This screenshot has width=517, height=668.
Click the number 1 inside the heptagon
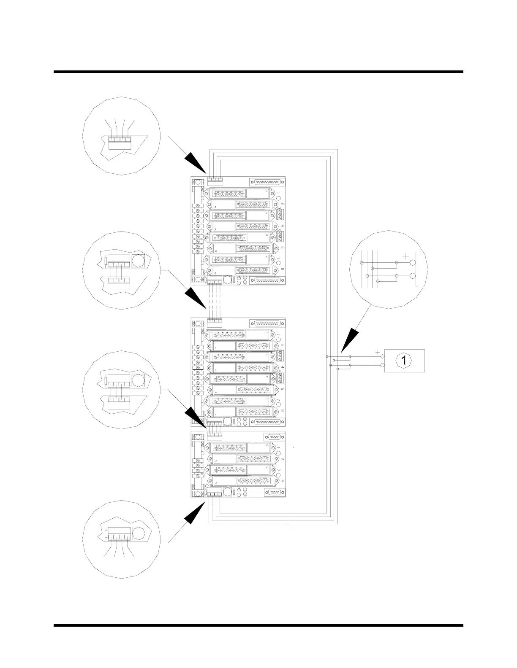coord(404,361)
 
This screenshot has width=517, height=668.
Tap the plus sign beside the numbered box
coord(378,353)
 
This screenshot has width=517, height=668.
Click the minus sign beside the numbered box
coord(378,362)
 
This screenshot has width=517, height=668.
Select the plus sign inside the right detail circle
coord(405,256)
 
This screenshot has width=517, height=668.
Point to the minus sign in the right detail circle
coord(405,270)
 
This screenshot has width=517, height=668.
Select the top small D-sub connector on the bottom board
coord(273,437)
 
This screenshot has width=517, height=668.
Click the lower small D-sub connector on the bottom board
coord(273,492)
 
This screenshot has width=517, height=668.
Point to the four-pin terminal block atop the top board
coord(215,179)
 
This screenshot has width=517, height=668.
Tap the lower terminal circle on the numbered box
coord(382,365)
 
